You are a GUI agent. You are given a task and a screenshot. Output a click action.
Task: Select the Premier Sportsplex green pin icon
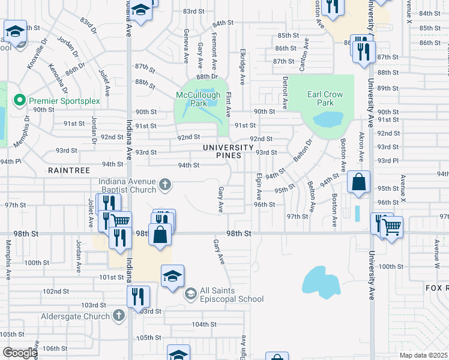[x=19, y=101]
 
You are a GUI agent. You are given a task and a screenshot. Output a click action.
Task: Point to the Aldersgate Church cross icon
[x=118, y=315]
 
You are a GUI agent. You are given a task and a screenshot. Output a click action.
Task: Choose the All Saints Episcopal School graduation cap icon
[x=190, y=293]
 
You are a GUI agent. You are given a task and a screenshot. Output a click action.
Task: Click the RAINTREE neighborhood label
[x=69, y=171]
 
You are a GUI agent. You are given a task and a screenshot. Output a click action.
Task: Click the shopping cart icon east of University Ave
[x=391, y=226]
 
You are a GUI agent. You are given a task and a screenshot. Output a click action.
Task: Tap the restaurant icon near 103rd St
[x=138, y=296]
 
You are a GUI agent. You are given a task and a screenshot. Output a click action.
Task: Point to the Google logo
[x=20, y=353]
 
